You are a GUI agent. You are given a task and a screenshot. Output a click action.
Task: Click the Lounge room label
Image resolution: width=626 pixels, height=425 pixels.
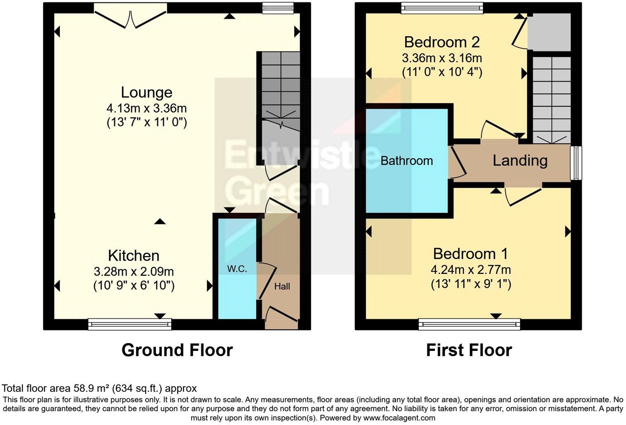pyautogui.click(x=146, y=92)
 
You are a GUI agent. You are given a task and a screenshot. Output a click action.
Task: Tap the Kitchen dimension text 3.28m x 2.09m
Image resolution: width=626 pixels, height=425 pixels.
pyautogui.click(x=133, y=272)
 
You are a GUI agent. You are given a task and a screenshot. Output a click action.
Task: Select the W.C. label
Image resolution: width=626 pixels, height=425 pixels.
pyautogui.click(x=237, y=269)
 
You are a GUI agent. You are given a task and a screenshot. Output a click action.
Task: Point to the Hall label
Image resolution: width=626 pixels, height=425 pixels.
pyautogui.click(x=282, y=286)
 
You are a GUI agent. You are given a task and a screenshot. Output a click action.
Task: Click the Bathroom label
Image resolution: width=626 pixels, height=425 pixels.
pyautogui.click(x=406, y=161)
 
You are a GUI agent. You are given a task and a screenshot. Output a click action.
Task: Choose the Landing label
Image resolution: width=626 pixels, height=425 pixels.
pyautogui.click(x=520, y=160)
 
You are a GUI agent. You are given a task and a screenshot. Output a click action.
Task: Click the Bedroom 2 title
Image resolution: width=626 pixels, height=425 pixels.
pyautogui.click(x=441, y=42)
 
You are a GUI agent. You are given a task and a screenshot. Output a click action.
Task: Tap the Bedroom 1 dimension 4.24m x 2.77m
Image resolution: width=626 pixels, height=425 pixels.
pyautogui.click(x=471, y=270)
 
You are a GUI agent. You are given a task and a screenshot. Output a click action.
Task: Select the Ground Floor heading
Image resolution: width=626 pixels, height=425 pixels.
pyautogui.click(x=177, y=350)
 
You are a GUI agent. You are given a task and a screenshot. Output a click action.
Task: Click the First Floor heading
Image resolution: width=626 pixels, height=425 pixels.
pyautogui.click(x=469, y=350)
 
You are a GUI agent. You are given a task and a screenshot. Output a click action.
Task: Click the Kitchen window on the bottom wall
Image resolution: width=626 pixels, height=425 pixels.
pyautogui.click(x=130, y=325)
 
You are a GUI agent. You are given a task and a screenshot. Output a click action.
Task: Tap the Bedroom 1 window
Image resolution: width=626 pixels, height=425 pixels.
pyautogui.click(x=469, y=325)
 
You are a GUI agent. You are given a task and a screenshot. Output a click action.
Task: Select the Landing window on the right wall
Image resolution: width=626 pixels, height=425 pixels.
pyautogui.click(x=576, y=163)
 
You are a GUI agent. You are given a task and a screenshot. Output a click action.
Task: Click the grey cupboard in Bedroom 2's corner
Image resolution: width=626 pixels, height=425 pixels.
pyautogui.click(x=549, y=32)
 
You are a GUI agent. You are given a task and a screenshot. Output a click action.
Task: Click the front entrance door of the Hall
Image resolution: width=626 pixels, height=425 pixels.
pyautogui.click(x=281, y=317)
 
